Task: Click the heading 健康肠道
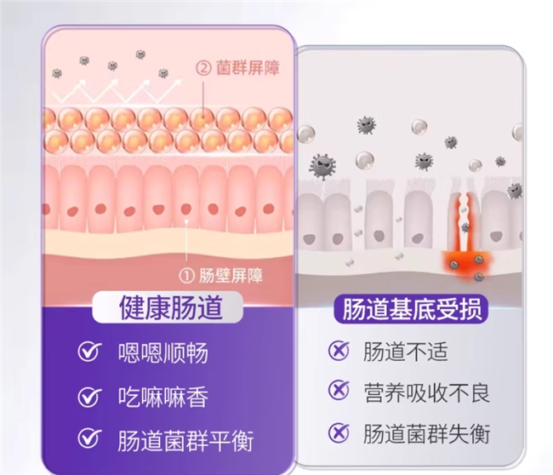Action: coord(169,307)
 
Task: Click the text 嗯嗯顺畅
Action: coord(162,353)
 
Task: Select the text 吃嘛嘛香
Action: coord(162,397)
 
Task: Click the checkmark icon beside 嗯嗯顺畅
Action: coord(88,353)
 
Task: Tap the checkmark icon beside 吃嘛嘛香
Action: coord(88,397)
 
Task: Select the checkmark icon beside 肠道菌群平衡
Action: coord(88,439)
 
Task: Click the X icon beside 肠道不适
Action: coord(339,351)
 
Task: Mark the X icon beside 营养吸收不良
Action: coord(339,392)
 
